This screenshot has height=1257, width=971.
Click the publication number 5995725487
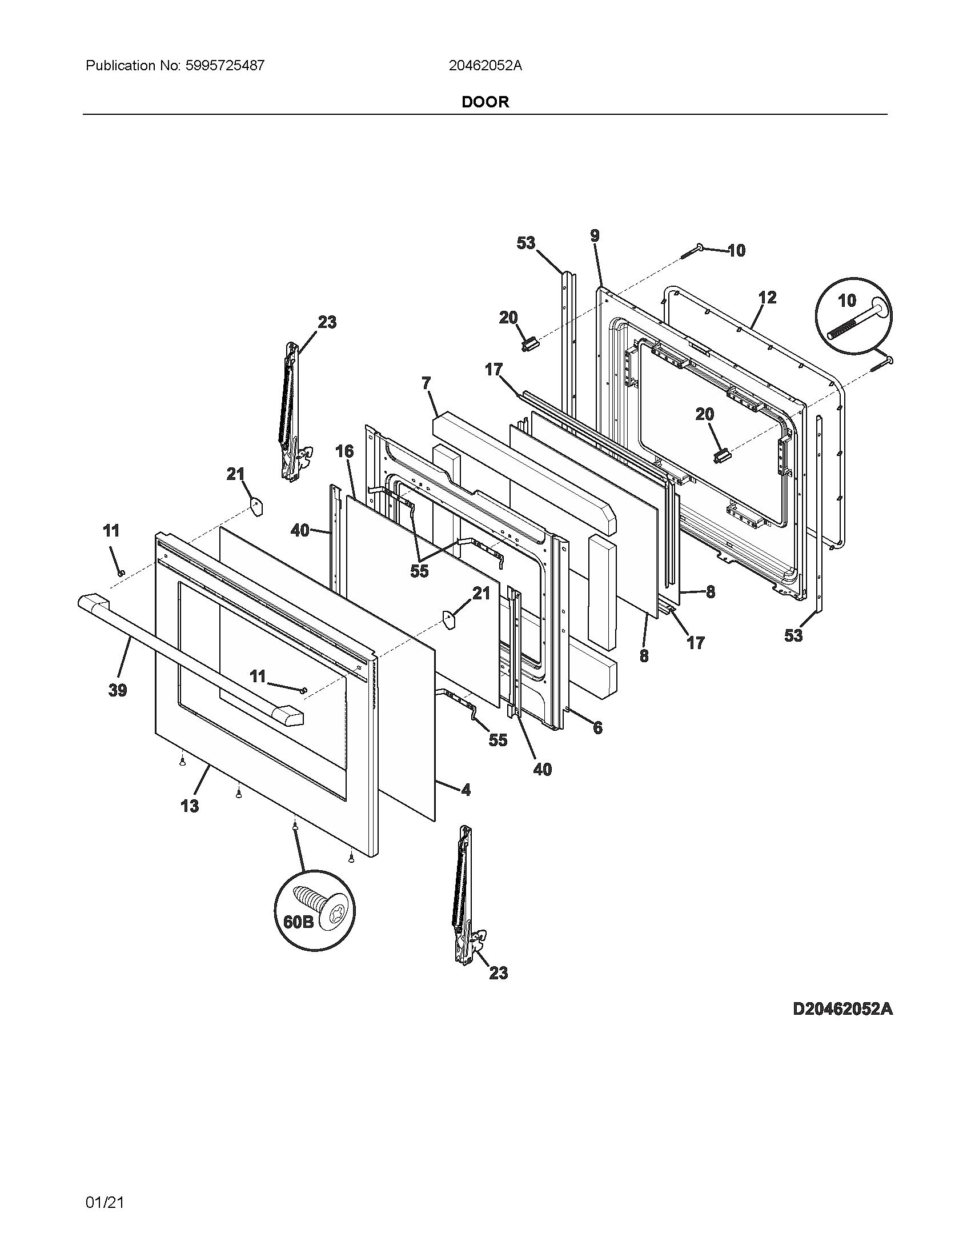pyautogui.click(x=225, y=66)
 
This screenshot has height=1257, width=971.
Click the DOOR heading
pyautogui.click(x=485, y=102)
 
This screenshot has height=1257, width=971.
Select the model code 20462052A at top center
pyautogui.click(x=485, y=66)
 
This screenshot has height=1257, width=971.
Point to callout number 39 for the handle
pyautogui.click(x=118, y=690)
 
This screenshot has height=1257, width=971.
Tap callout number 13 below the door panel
pyautogui.click(x=190, y=806)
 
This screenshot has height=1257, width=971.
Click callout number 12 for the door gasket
pyautogui.click(x=767, y=298)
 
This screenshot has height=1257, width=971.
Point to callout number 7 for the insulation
pyautogui.click(x=426, y=383)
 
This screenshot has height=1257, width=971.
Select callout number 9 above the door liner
pyautogui.click(x=594, y=235)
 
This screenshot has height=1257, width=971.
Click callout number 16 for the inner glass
pyautogui.click(x=344, y=451)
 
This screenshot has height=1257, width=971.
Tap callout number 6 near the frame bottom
pyautogui.click(x=597, y=728)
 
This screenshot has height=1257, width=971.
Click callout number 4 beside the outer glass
pyautogui.click(x=466, y=790)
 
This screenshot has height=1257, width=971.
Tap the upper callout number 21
pyautogui.click(x=235, y=474)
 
